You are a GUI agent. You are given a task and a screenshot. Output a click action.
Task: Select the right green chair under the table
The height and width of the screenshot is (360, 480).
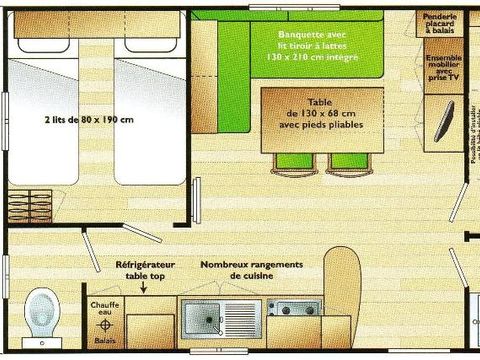(x=342, y=162)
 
